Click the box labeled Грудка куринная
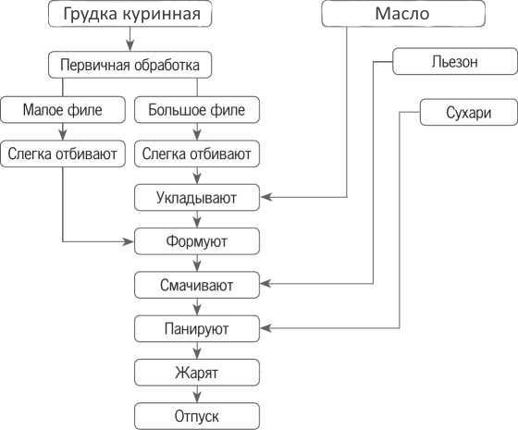click(x=129, y=14)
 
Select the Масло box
click(x=403, y=14)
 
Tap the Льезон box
click(x=455, y=61)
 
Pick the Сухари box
click(x=468, y=112)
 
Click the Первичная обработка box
click(x=129, y=65)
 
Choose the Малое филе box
click(x=63, y=110)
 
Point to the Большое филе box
click(x=197, y=110)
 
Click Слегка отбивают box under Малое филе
click(x=63, y=154)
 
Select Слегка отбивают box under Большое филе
click(x=197, y=154)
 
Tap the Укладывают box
click(x=197, y=198)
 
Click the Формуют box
click(x=197, y=241)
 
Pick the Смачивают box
click(x=197, y=285)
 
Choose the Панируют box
click(x=197, y=328)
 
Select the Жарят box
click(x=197, y=373)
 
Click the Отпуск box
click(x=197, y=416)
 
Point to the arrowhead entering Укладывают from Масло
click(x=266, y=197)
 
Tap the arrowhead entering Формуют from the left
click(x=129, y=241)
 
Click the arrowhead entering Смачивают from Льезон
click(x=266, y=283)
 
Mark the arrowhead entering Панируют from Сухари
click(x=266, y=328)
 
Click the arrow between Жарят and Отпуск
click(x=197, y=394)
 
